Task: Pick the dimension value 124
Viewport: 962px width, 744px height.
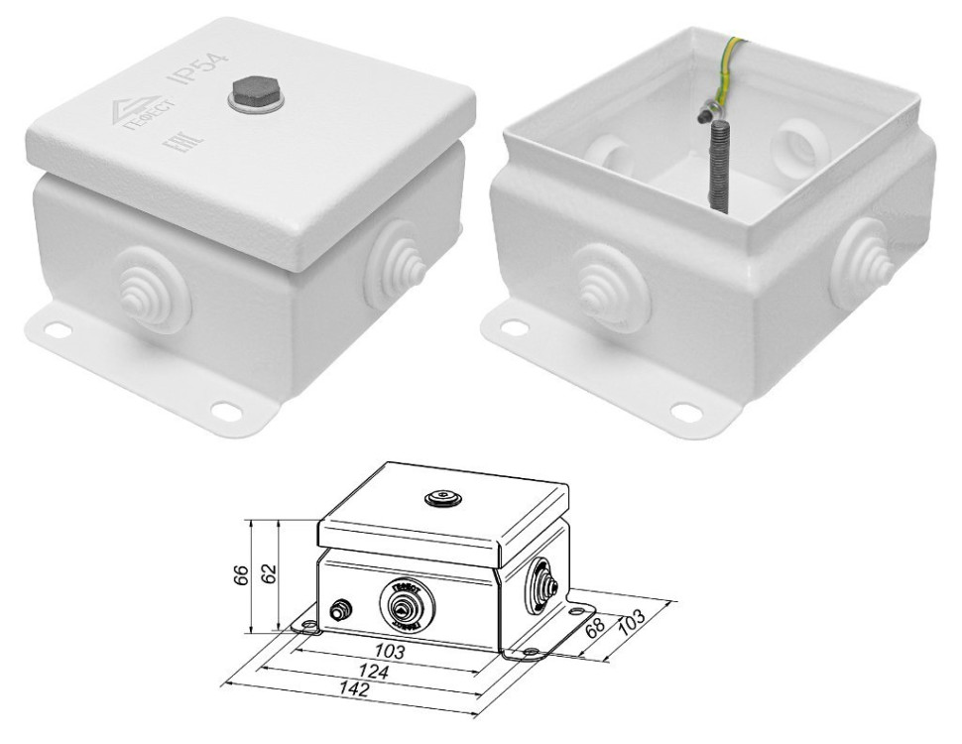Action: (x=375, y=673)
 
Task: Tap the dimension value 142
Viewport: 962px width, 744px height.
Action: (x=348, y=690)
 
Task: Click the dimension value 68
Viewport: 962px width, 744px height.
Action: (x=594, y=630)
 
